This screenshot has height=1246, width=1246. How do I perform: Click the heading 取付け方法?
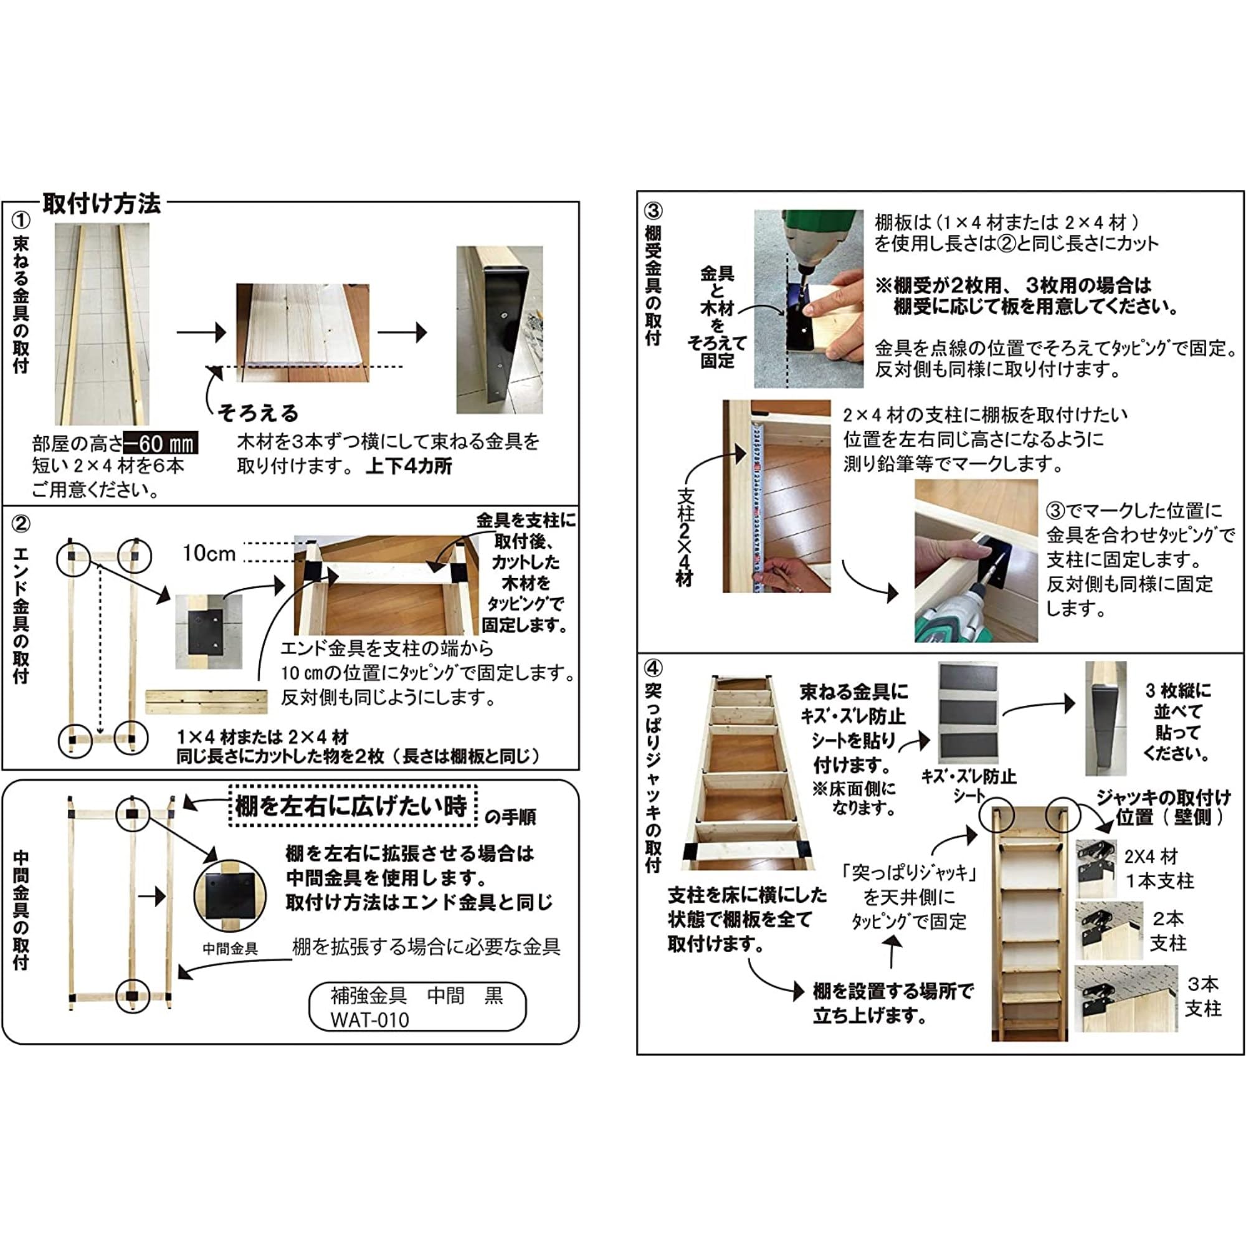[x=102, y=204]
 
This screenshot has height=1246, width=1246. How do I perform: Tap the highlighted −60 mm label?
[x=161, y=443]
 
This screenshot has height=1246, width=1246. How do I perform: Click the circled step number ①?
[x=21, y=221]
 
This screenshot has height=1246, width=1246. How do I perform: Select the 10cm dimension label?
[x=209, y=553]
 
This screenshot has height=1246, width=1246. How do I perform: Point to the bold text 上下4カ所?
[x=409, y=466]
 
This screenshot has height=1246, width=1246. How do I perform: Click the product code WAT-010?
[x=369, y=1020]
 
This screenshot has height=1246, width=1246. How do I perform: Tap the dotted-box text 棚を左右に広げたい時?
[x=351, y=806]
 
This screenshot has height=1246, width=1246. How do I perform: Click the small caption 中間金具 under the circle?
[x=231, y=949]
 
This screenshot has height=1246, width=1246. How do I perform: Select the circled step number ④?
[x=654, y=667]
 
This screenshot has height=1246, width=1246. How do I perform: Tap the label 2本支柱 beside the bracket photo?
[x=1168, y=931]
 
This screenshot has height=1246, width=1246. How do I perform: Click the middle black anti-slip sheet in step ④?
[x=968, y=714]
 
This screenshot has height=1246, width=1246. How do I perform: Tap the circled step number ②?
[x=21, y=524]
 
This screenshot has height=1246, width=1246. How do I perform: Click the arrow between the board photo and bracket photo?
[x=402, y=333]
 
